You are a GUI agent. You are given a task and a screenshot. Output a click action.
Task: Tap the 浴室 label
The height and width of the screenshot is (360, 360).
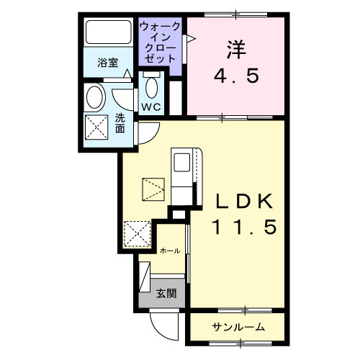click(109, 63)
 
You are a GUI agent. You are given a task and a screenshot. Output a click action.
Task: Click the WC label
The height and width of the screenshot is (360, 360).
click(150, 107)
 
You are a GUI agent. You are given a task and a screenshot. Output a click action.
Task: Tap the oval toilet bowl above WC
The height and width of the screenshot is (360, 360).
click(151, 87)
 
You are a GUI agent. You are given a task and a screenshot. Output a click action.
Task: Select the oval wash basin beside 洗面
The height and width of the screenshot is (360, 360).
click(94, 96)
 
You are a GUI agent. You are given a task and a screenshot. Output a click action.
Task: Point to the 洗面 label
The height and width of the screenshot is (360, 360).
click(120, 123)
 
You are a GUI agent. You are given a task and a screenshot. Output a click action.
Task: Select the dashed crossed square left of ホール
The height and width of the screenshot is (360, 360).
click(137, 234)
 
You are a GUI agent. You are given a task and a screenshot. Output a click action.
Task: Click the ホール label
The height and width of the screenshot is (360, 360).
click(170, 251)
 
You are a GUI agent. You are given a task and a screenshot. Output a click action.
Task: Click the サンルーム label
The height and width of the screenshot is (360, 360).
click(238, 328)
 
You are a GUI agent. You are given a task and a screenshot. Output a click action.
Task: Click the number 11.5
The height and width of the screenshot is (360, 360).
click(243, 228)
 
